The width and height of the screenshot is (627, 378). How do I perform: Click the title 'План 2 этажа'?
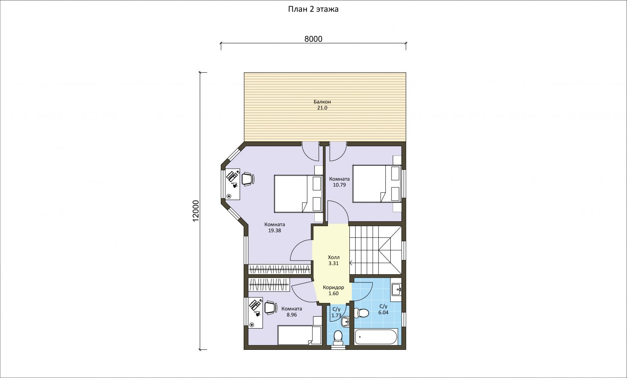[x=313, y=9]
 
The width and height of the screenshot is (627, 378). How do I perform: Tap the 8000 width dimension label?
[x=313, y=39]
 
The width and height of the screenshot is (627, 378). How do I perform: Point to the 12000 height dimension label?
[x=196, y=211]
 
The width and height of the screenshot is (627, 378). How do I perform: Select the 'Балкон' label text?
[x=322, y=102]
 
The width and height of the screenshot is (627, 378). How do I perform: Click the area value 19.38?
[x=274, y=231]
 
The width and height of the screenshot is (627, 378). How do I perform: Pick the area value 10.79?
[x=339, y=185]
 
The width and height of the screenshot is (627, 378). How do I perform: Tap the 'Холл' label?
[x=334, y=257]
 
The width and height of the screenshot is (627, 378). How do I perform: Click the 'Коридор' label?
[x=334, y=287]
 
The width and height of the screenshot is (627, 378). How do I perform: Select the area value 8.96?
[x=292, y=315]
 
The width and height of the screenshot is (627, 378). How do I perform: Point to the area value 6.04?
[x=383, y=312]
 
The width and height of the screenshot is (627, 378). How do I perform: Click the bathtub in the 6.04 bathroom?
[x=376, y=337]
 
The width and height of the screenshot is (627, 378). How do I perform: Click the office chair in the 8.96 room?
[x=271, y=307]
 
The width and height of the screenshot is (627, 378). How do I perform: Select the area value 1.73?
[x=336, y=316]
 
